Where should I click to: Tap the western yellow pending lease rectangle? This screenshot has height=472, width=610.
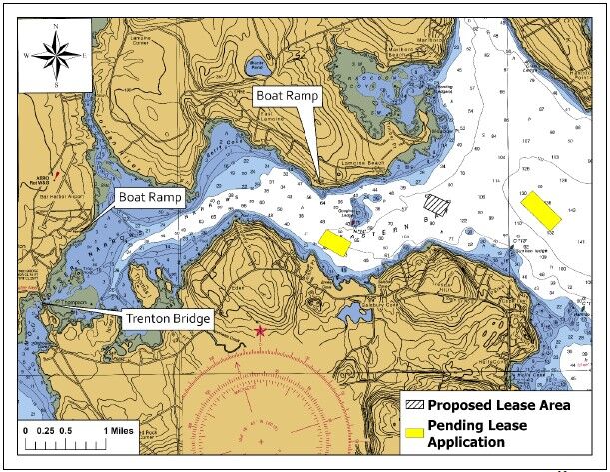[334, 241]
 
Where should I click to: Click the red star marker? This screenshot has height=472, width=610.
[262, 330]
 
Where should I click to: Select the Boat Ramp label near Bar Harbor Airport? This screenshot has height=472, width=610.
[151, 197]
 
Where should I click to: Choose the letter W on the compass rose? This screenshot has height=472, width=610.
[26, 58]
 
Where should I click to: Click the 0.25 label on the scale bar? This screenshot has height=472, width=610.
[46, 430]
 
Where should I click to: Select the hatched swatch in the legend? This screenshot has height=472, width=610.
[413, 405]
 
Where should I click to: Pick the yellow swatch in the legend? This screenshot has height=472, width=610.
[413, 433]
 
